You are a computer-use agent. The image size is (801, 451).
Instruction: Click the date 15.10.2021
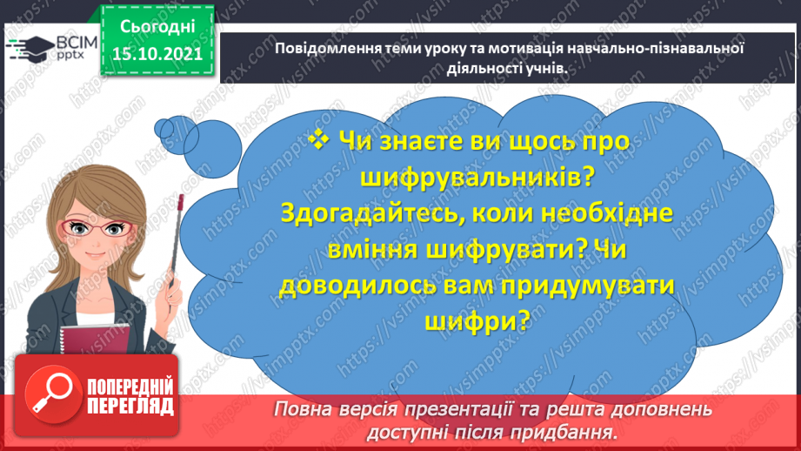[157, 53]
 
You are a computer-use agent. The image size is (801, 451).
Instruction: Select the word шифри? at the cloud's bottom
[477, 320]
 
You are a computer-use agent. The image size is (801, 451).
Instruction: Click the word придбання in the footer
[575, 430]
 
